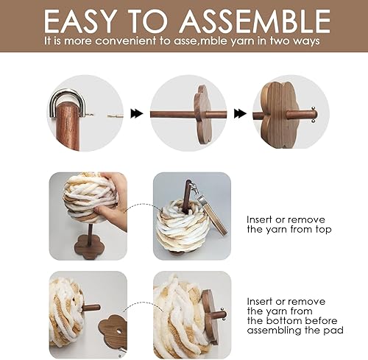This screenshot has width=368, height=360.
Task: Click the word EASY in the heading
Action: [80, 21]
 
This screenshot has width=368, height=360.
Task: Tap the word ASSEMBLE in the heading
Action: [255, 21]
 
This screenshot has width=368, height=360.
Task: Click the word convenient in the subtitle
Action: [126, 40]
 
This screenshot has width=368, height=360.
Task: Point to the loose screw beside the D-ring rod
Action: [115, 116]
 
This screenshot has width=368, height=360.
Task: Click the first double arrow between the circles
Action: [137, 113]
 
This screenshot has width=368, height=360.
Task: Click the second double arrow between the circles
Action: [240, 113]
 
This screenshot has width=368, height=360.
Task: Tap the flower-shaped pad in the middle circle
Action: [202, 115]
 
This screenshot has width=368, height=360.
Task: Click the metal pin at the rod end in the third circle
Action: [313, 114]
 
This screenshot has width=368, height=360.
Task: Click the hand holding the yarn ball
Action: [113, 201]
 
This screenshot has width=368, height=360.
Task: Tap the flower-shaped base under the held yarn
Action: [88, 247]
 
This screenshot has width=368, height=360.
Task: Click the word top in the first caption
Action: [323, 230]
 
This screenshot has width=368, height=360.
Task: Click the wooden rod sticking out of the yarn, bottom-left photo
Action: [91, 308]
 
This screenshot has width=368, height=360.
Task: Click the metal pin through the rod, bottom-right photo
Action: [223, 314]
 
